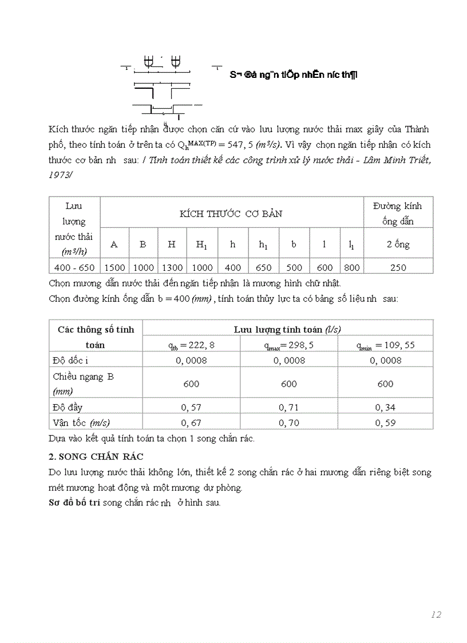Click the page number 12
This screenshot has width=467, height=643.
[436, 614]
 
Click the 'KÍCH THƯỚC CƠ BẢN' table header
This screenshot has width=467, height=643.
[231, 214]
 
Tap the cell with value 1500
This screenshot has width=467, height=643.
[114, 267]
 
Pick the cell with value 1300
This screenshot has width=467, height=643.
[172, 267]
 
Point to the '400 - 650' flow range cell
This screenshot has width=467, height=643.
[74, 267]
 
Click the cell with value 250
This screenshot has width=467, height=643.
[398, 267]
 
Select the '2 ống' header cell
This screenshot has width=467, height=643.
[398, 244]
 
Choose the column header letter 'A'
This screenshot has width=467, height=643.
[114, 244]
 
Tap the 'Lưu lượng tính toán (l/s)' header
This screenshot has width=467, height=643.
[287, 329]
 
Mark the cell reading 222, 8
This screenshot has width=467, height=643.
[191, 345]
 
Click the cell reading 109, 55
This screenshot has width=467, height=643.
[385, 345]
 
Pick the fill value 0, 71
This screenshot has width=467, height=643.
[288, 407]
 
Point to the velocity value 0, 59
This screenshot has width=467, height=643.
[385, 423]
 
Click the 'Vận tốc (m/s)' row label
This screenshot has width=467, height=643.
[81, 423]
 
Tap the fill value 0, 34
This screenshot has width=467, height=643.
[385, 407]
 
